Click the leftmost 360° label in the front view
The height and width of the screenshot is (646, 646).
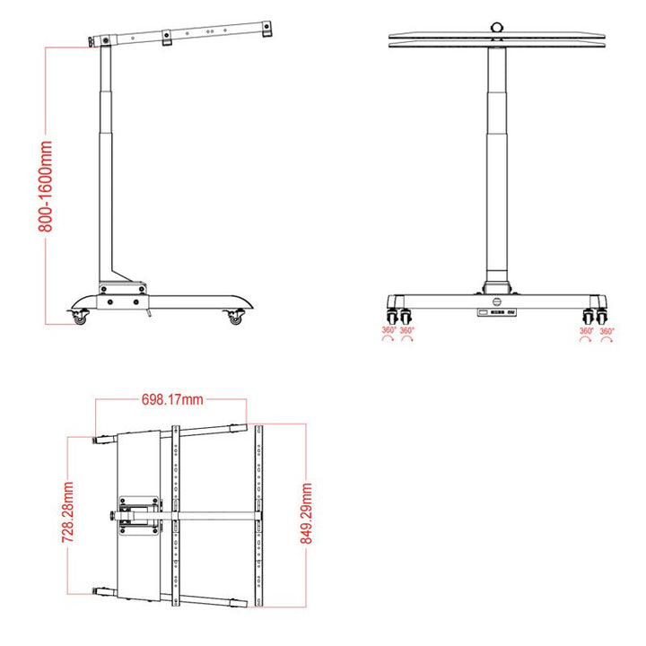388,331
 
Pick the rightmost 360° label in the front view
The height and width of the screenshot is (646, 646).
607,331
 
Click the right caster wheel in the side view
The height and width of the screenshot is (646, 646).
236,318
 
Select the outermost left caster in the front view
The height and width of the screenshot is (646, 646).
391,316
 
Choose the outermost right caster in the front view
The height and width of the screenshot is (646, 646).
606,316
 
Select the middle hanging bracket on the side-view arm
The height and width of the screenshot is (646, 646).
167,39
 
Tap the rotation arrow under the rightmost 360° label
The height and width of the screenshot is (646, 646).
607,342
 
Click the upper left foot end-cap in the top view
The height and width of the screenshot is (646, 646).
101,441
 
